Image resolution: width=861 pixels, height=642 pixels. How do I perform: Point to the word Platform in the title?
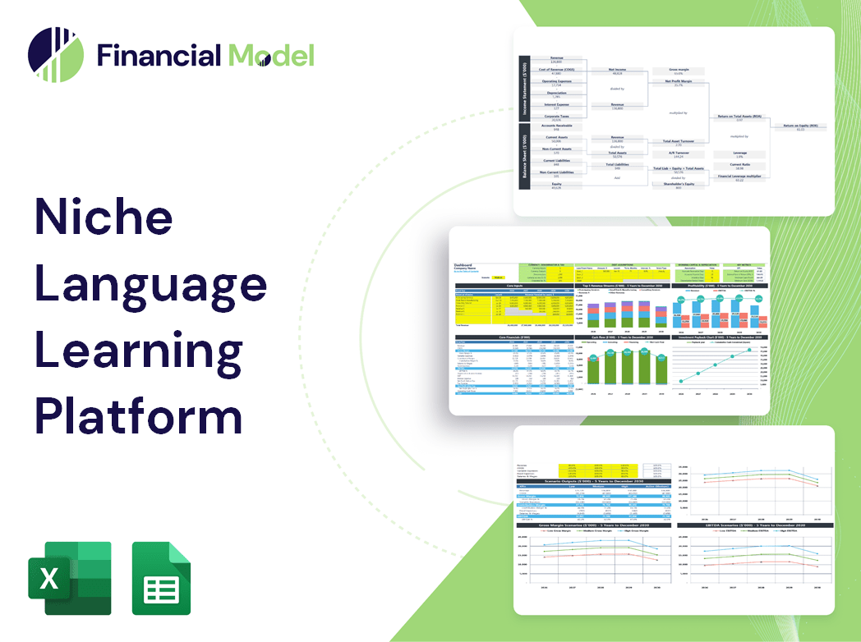(138, 416)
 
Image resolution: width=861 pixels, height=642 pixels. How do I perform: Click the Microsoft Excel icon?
(69, 578)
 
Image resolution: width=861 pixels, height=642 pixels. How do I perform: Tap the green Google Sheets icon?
(161, 578)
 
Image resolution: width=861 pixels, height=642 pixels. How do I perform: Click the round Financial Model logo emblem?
(56, 55)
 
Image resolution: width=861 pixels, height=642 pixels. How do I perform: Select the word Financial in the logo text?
(159, 56)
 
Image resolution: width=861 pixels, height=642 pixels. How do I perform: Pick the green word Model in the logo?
(271, 56)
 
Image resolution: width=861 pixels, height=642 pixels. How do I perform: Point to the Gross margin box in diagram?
(678, 72)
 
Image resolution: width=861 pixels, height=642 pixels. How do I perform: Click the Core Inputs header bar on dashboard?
(514, 286)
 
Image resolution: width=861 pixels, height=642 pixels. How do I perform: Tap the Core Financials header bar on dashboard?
(514, 337)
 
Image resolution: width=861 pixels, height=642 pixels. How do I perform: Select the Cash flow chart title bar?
(622, 337)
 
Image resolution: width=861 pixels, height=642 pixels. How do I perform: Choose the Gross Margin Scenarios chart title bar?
(589, 524)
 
